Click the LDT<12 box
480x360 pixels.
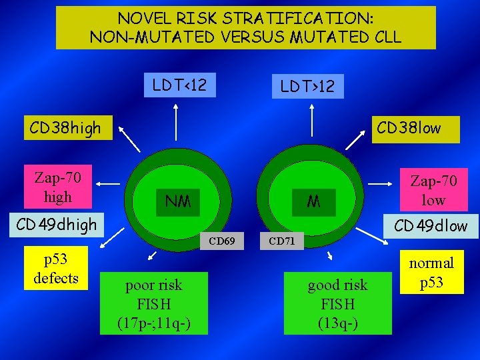[x=180, y=85]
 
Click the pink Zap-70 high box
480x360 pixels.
[x=57, y=187]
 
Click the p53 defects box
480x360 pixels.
[x=56, y=269]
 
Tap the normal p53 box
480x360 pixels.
[x=431, y=273]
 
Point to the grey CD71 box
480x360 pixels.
[x=281, y=241]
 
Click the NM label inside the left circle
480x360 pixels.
[x=177, y=201]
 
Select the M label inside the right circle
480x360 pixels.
[x=313, y=201]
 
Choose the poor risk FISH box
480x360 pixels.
[x=154, y=304]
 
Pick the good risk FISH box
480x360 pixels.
[x=337, y=304]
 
